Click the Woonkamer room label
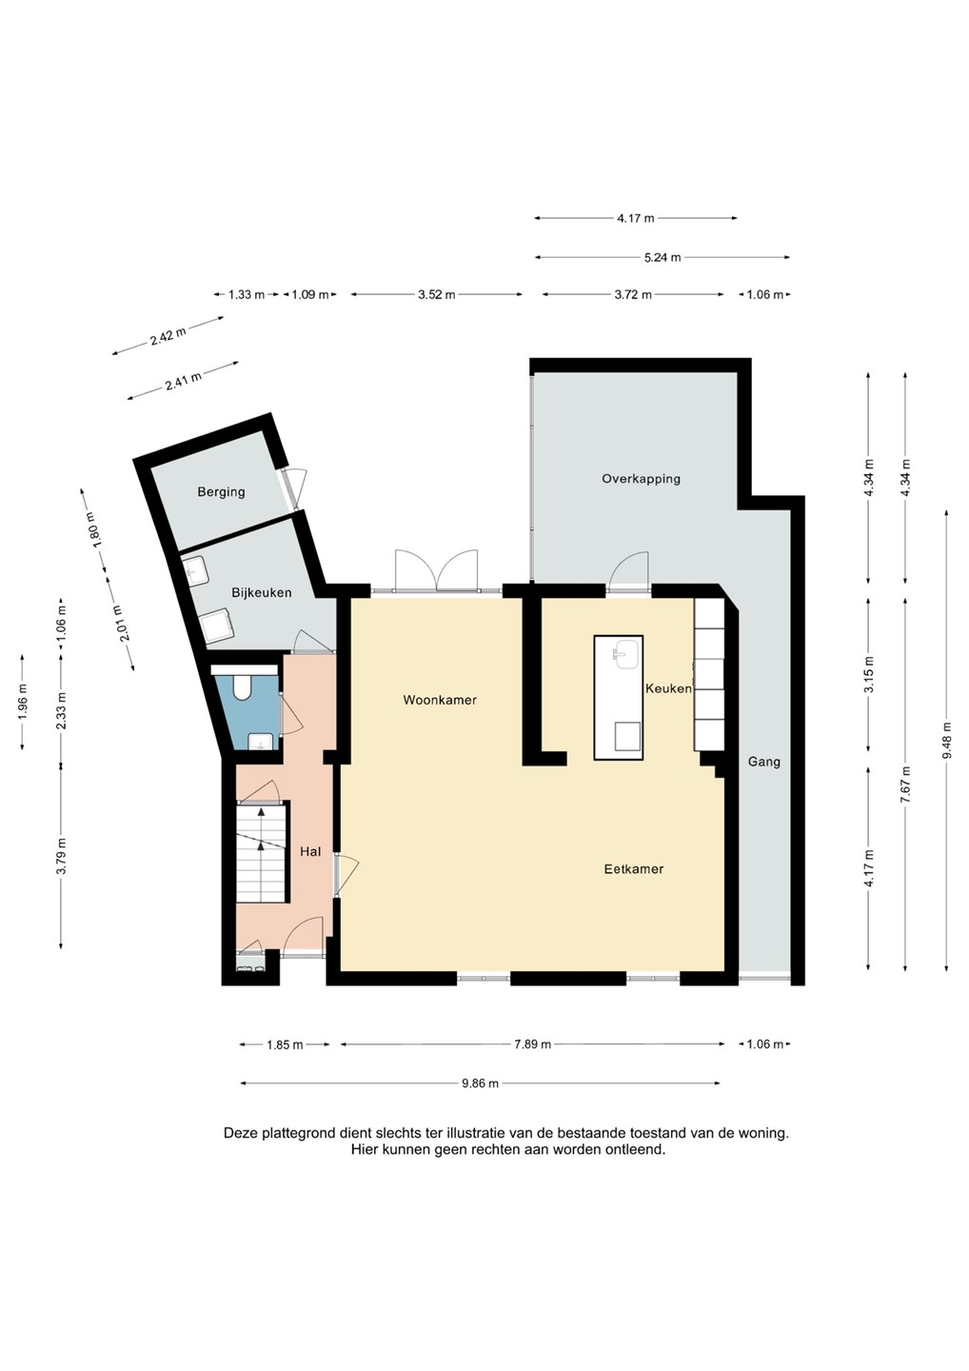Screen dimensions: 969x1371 pyautogui.click(x=439, y=700)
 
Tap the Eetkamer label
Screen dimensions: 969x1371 pyautogui.click(x=633, y=869)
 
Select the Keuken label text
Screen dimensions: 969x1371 pyautogui.click(x=668, y=688)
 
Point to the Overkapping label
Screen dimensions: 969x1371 pyautogui.click(x=641, y=479)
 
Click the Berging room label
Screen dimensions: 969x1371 pyautogui.click(x=221, y=492)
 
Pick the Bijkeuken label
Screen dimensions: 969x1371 pyautogui.click(x=261, y=593)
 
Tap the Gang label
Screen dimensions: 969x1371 pyautogui.click(x=764, y=762)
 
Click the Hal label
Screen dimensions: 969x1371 pyautogui.click(x=310, y=851)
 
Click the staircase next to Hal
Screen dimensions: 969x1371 pyautogui.click(x=262, y=854)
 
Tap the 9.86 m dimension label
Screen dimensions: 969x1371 pyautogui.click(x=481, y=1083)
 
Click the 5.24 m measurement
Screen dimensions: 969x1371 pyautogui.click(x=662, y=258)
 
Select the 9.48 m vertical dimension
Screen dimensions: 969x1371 pyautogui.click(x=947, y=740)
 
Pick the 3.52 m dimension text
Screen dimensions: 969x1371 pyautogui.click(x=437, y=295)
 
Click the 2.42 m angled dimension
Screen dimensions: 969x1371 pyautogui.click(x=168, y=336)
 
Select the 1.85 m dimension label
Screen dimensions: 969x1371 pyautogui.click(x=285, y=1044)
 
